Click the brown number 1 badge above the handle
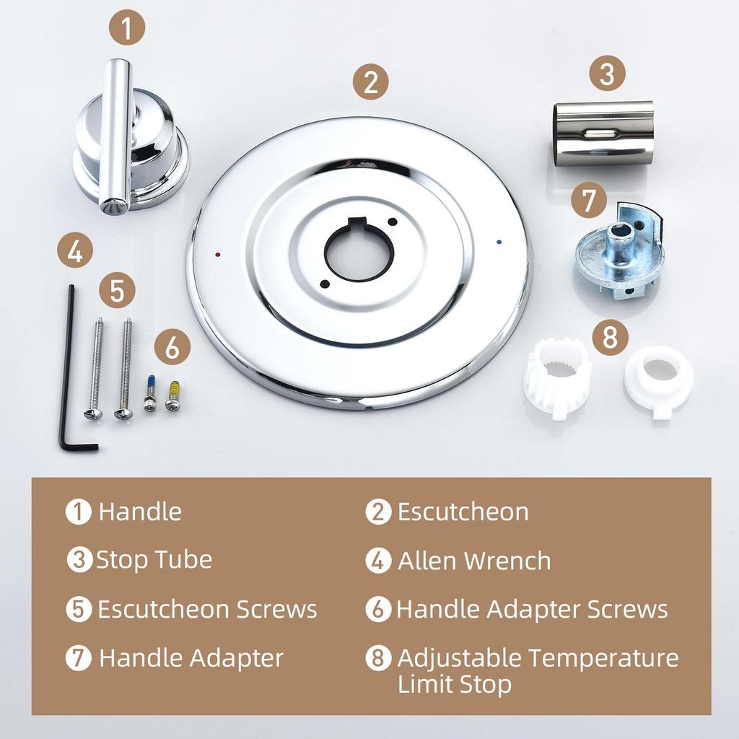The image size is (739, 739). [127, 29]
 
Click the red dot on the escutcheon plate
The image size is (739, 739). [219, 255]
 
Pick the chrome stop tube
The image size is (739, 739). [604, 133]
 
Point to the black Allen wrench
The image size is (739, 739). [69, 368]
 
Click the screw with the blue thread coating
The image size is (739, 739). [150, 393]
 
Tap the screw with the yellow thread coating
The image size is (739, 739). [172, 395]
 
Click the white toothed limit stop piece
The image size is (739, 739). [556, 375]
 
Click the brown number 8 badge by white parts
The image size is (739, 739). [611, 337]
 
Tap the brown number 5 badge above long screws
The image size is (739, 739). [118, 291]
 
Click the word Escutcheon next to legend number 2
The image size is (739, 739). [463, 512]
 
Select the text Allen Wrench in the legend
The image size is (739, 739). [474, 561]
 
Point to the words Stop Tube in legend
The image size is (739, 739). [154, 560]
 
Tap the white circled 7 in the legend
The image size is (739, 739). [78, 658]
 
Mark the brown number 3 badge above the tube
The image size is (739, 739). [606, 74]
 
